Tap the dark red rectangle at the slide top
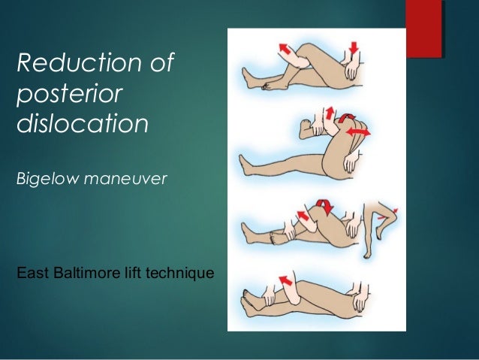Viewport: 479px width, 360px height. coord(424,29)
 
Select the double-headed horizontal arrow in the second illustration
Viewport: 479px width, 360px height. coord(358,131)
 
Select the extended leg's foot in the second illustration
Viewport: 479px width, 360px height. coord(245,163)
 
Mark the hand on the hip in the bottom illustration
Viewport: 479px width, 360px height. coord(359,300)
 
